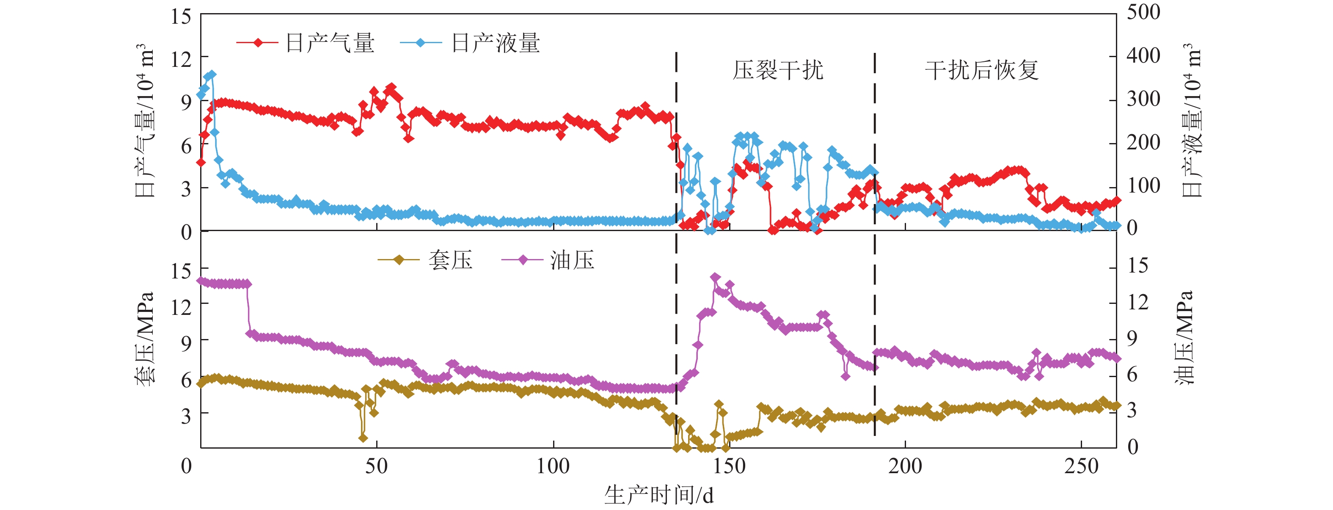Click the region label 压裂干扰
pyautogui.click(x=777, y=70)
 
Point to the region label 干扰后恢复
pyautogui.click(x=982, y=70)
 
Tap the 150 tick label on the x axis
pyautogui.click(x=729, y=466)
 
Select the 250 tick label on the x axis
pyautogui.click(x=1081, y=466)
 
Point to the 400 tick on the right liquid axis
pyautogui.click(x=1143, y=55)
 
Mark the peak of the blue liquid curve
pyautogui.click(x=212, y=74)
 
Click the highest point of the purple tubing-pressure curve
pyautogui.click(x=715, y=277)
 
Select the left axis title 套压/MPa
pyautogui.click(x=144, y=339)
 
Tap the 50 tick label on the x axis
pyautogui.click(x=376, y=466)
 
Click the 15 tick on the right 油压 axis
pyautogui.click(x=1138, y=266)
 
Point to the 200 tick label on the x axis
pyautogui.click(x=905, y=466)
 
